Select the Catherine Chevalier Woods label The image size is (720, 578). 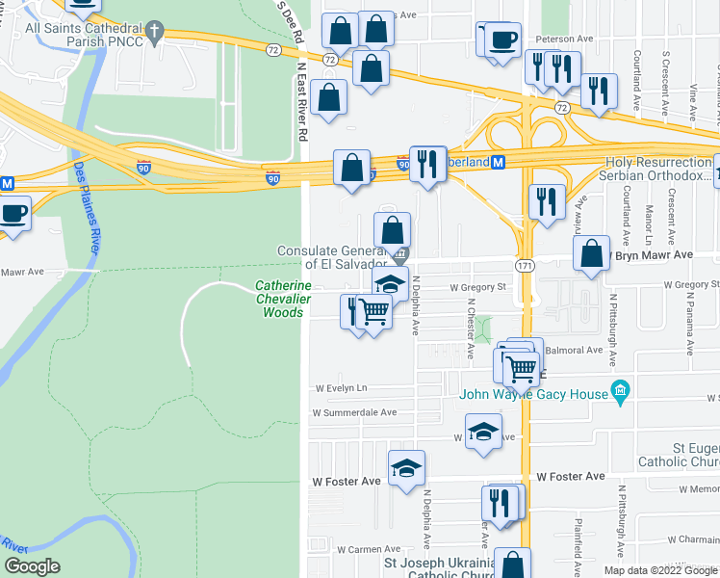282,299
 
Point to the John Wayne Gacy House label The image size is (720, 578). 533,393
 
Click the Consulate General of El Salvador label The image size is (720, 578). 332,257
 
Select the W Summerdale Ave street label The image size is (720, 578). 354,412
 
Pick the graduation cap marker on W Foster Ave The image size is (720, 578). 406,468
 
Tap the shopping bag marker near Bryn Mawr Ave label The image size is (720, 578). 592,253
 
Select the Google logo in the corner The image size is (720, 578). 32,566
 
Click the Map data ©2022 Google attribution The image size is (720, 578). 660,570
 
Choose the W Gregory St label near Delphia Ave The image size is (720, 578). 478,286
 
